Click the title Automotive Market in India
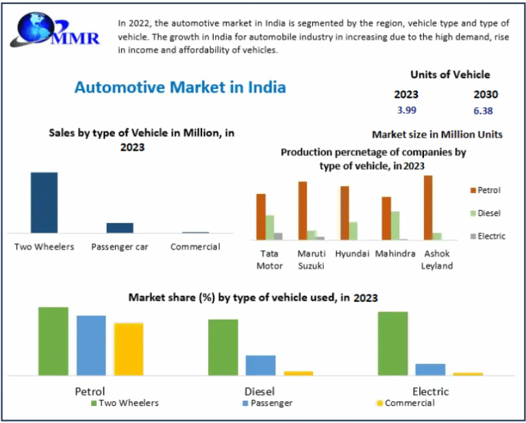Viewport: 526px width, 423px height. [180, 88]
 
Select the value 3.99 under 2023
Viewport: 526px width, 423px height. [406, 110]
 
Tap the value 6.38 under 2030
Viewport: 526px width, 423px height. [483, 111]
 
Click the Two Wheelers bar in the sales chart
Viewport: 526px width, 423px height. [44, 203]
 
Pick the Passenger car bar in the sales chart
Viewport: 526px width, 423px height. [120, 228]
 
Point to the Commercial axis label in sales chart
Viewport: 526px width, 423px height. [195, 247]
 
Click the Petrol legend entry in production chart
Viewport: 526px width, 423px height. [488, 190]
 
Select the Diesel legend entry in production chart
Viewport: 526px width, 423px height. [488, 214]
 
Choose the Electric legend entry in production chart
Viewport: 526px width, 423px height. [490, 236]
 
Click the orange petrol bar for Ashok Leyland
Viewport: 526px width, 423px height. [428, 207]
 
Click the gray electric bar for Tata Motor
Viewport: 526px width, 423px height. [278, 236]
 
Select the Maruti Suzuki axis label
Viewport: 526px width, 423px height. [311, 259]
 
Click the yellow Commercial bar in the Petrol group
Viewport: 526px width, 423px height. [129, 349]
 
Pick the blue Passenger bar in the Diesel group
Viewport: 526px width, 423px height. [260, 365]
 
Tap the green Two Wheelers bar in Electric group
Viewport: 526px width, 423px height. [392, 344]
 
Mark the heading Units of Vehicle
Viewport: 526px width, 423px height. [450, 75]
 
